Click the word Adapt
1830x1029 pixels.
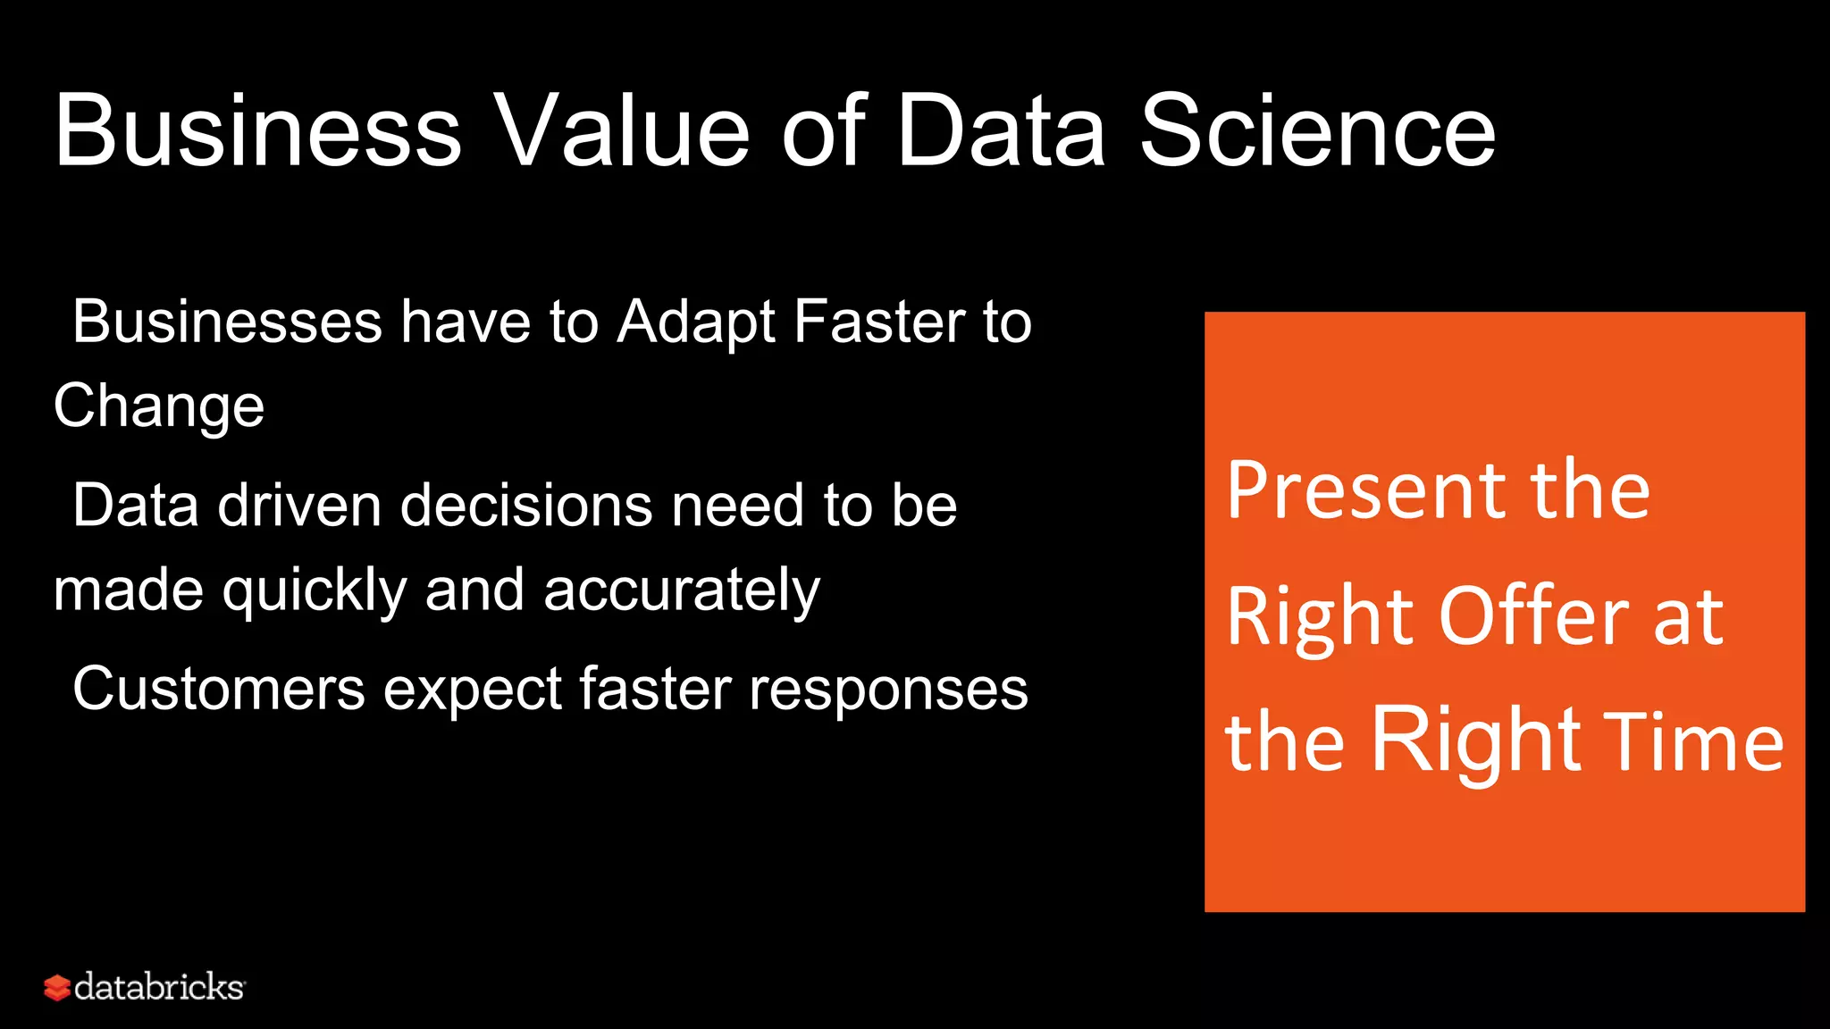coord(696,323)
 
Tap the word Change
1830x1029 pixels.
coord(159,407)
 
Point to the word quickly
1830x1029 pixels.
coord(315,591)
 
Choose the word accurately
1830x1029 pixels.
coord(681,591)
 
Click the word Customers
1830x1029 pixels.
coord(219,690)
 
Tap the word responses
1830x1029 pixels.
coord(888,691)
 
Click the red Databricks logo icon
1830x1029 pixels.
coord(56,987)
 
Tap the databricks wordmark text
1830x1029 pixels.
coord(159,987)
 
